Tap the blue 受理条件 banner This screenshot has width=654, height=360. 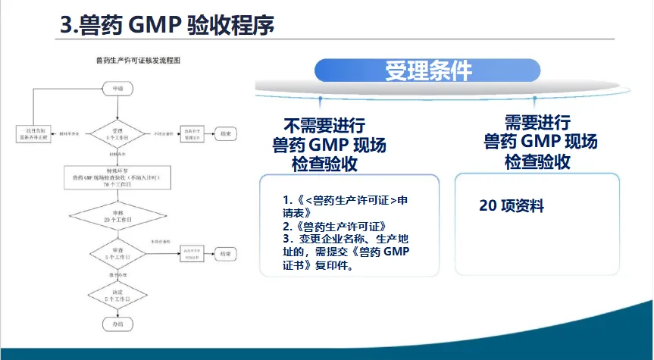click(x=428, y=70)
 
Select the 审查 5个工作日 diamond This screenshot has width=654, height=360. click(x=117, y=254)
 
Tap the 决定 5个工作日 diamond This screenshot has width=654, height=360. click(x=117, y=292)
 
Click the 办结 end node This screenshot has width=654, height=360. click(x=117, y=324)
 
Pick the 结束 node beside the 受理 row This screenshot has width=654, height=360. click(x=225, y=134)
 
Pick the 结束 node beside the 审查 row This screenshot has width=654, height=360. click(x=225, y=254)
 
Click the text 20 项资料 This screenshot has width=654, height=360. click(x=512, y=205)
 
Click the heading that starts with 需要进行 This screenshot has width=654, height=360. click(x=540, y=141)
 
